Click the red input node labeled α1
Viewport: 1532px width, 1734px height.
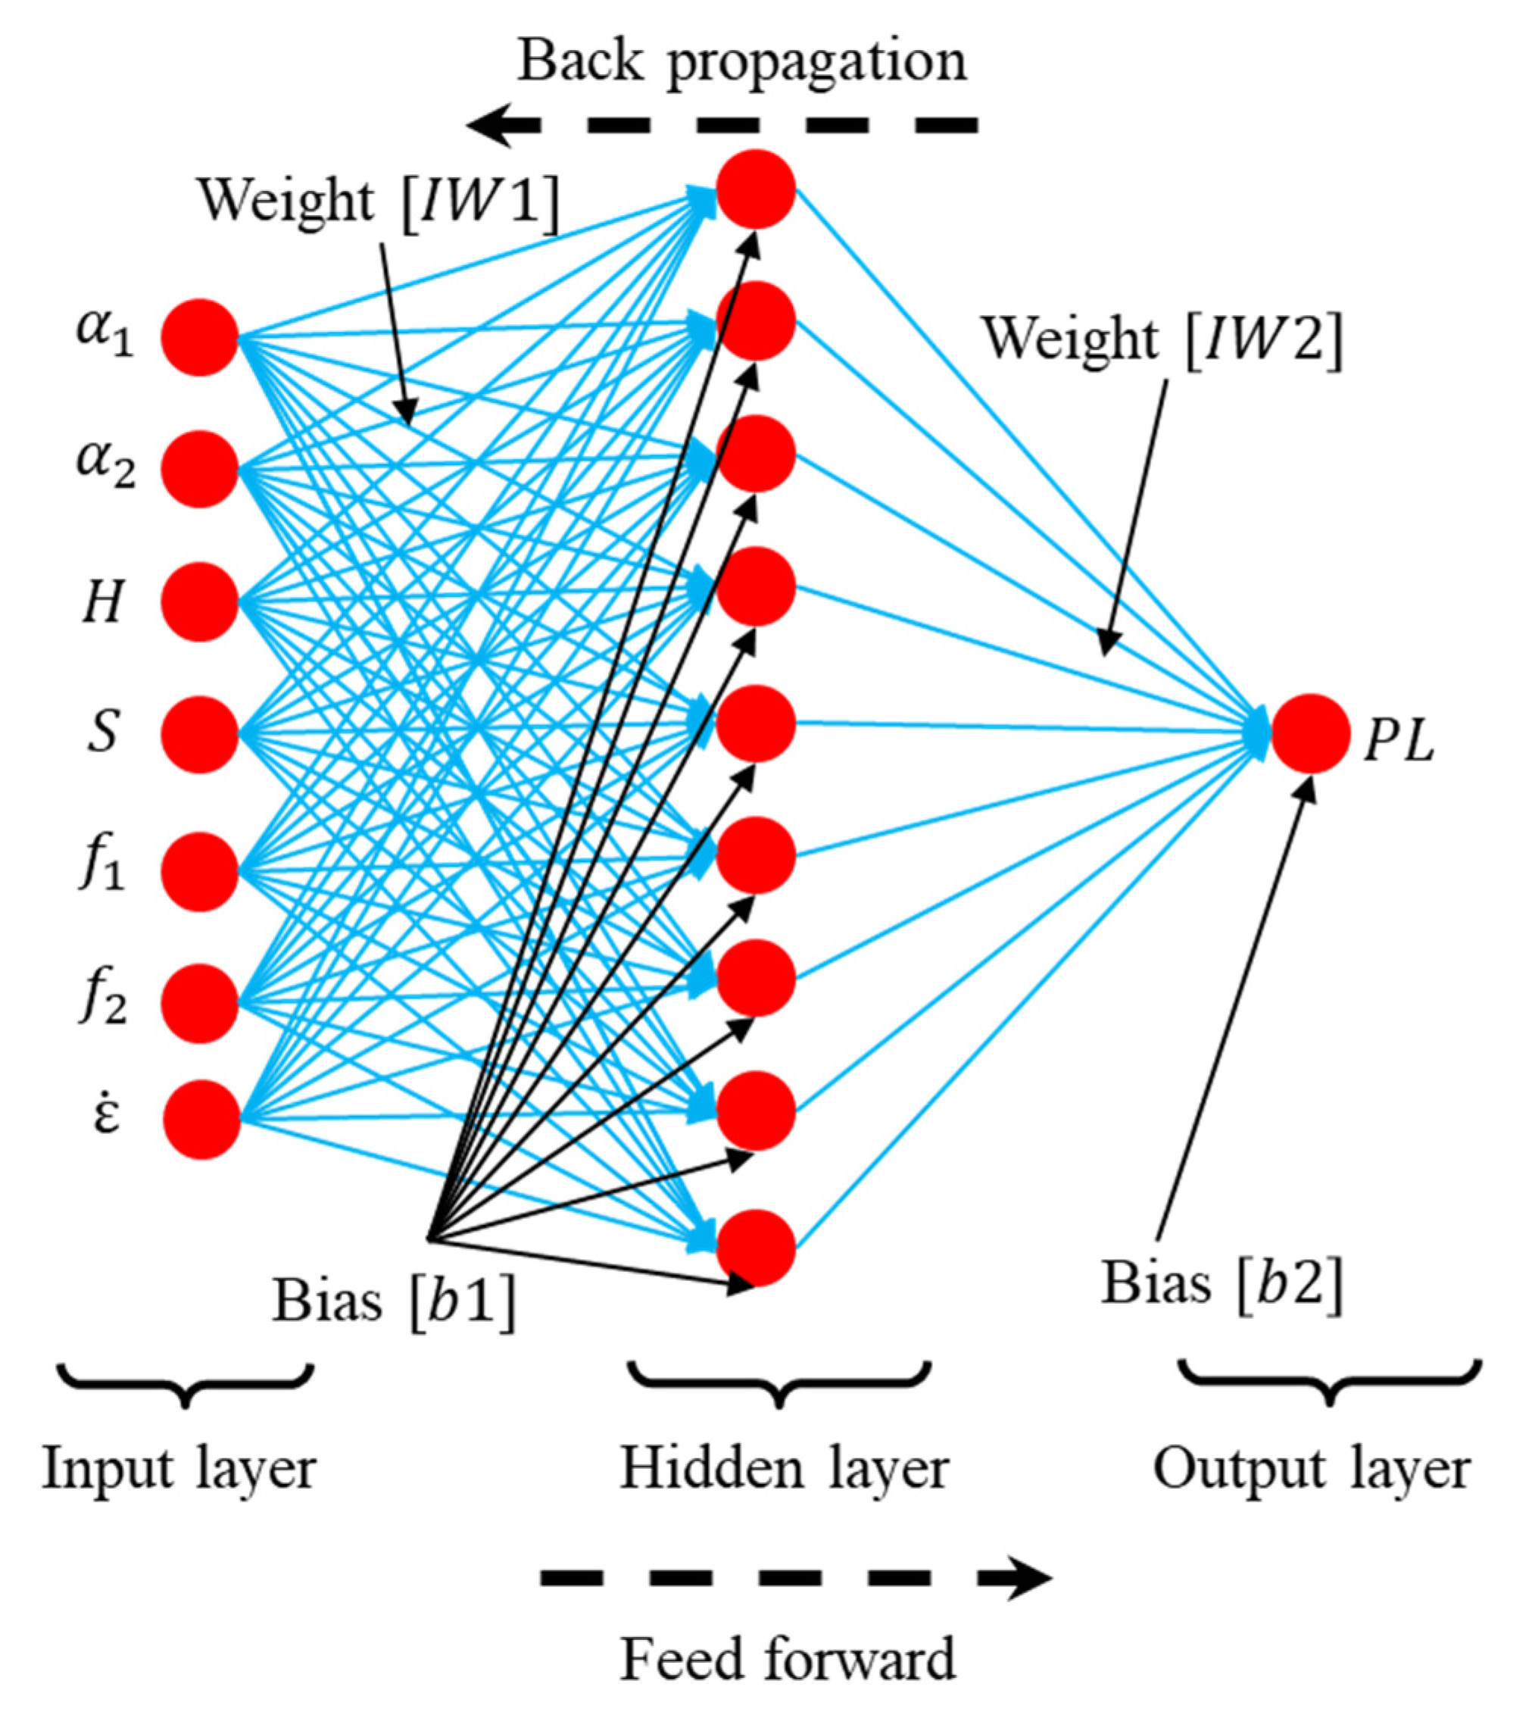pos(198,337)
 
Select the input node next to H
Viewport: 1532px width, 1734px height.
pos(198,601)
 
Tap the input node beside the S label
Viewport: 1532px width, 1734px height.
pos(198,734)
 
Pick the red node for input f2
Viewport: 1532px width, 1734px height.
pos(198,1003)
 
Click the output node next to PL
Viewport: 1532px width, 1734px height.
pos(1310,734)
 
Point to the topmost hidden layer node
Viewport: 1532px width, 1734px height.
pos(755,189)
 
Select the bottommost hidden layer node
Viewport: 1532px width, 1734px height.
pos(755,1247)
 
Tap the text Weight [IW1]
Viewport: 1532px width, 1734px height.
pos(379,202)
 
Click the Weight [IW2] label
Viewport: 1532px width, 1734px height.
pos(1162,339)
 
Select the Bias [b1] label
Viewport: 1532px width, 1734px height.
pos(393,1300)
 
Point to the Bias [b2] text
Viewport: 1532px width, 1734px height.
pos(1222,1283)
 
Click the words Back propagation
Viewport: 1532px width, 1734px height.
pos(741,61)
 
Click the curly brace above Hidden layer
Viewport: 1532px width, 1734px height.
pos(778,1385)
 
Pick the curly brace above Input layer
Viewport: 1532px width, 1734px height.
pos(185,1385)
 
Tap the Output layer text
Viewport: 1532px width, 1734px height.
pos(1312,1470)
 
